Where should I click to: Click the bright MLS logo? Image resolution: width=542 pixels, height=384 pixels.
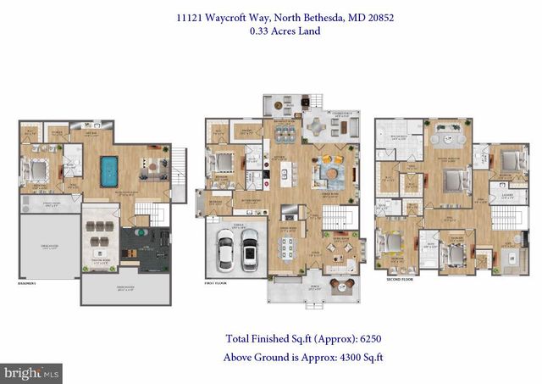tap(32, 371)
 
